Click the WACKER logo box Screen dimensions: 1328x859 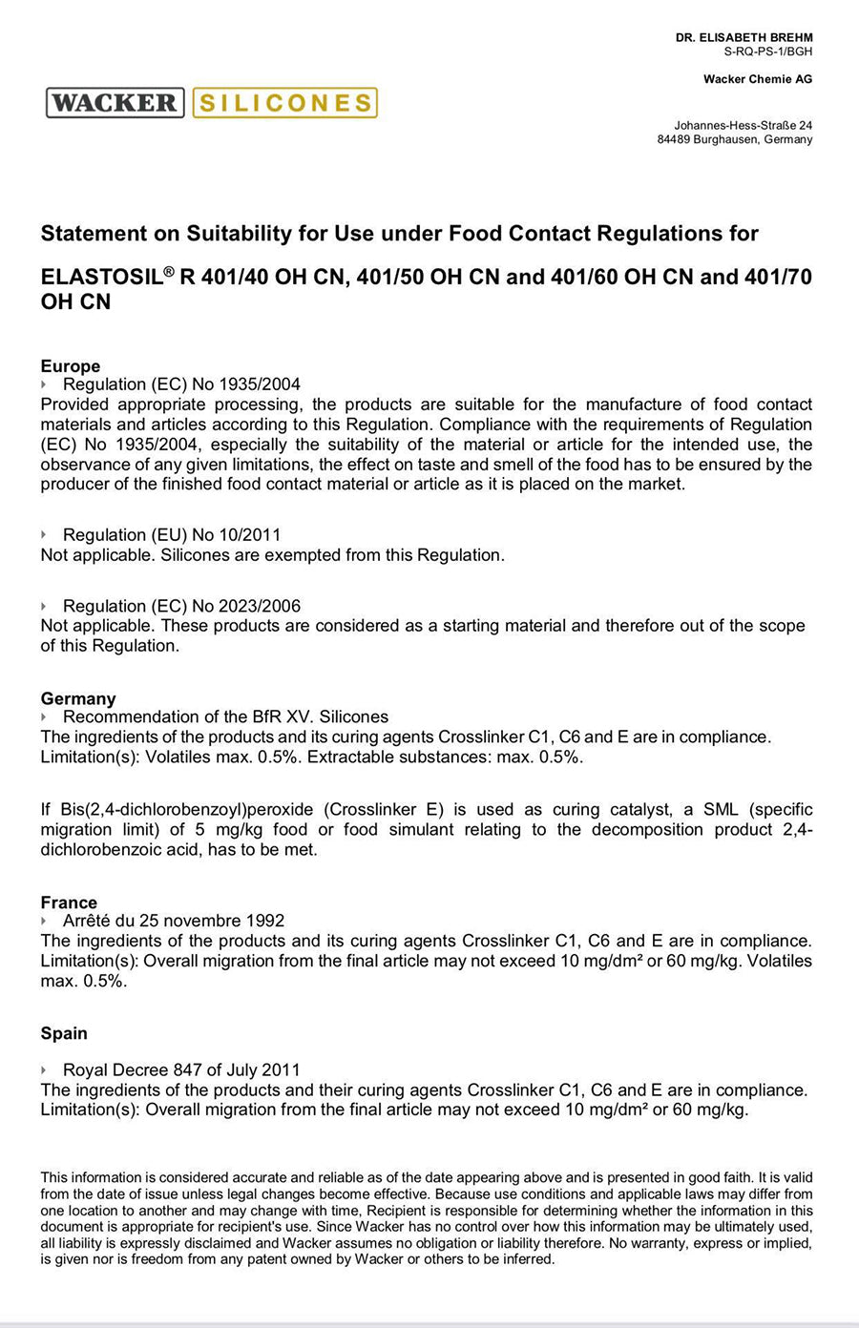114,103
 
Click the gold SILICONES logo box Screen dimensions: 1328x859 284,103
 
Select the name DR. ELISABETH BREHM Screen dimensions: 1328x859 744,38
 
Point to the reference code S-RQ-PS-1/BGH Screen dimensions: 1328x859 767,52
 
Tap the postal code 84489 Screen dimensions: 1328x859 674,139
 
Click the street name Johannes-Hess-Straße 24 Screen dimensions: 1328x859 743,125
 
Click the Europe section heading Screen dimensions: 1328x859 70,366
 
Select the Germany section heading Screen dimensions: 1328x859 77,698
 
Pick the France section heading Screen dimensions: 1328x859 69,903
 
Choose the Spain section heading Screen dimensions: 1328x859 64,1033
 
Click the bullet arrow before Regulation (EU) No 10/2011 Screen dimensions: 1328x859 44,535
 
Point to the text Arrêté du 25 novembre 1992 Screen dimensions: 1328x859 174,921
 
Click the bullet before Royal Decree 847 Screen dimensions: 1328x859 44,1070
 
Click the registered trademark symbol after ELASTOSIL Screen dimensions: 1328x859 169,272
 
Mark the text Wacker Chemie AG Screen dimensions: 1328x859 757,79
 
